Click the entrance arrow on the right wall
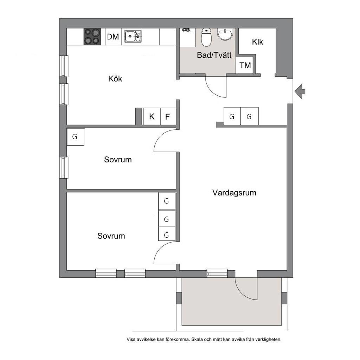[300, 91]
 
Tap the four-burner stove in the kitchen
[92, 36]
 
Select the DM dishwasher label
[113, 37]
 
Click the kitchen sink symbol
[133, 36]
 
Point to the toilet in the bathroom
[206, 37]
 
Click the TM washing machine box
[244, 65]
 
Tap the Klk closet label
[257, 42]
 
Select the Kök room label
[115, 79]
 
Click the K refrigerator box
[152, 116]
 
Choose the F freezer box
[168, 116]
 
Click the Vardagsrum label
[234, 193]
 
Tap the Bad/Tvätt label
[214, 55]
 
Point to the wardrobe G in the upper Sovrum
[75, 137]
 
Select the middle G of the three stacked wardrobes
[167, 219]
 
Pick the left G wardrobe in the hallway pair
[232, 116]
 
